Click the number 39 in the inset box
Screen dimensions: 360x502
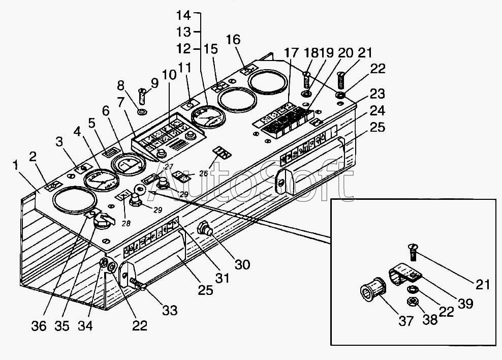point(465,304)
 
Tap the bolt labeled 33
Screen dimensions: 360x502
point(137,283)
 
